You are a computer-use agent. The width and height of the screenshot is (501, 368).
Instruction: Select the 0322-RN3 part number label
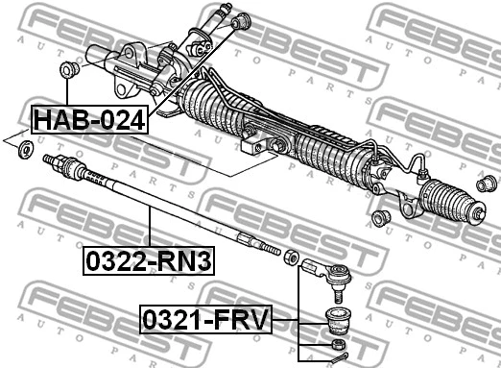[x=149, y=259]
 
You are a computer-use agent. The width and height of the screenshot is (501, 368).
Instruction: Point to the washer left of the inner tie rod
[x=27, y=149]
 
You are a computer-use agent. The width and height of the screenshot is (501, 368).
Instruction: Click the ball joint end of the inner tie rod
[x=60, y=166]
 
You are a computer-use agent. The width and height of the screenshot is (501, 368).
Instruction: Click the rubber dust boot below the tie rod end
[x=339, y=318]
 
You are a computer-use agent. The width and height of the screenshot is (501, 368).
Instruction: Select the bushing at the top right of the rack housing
[x=242, y=19]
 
